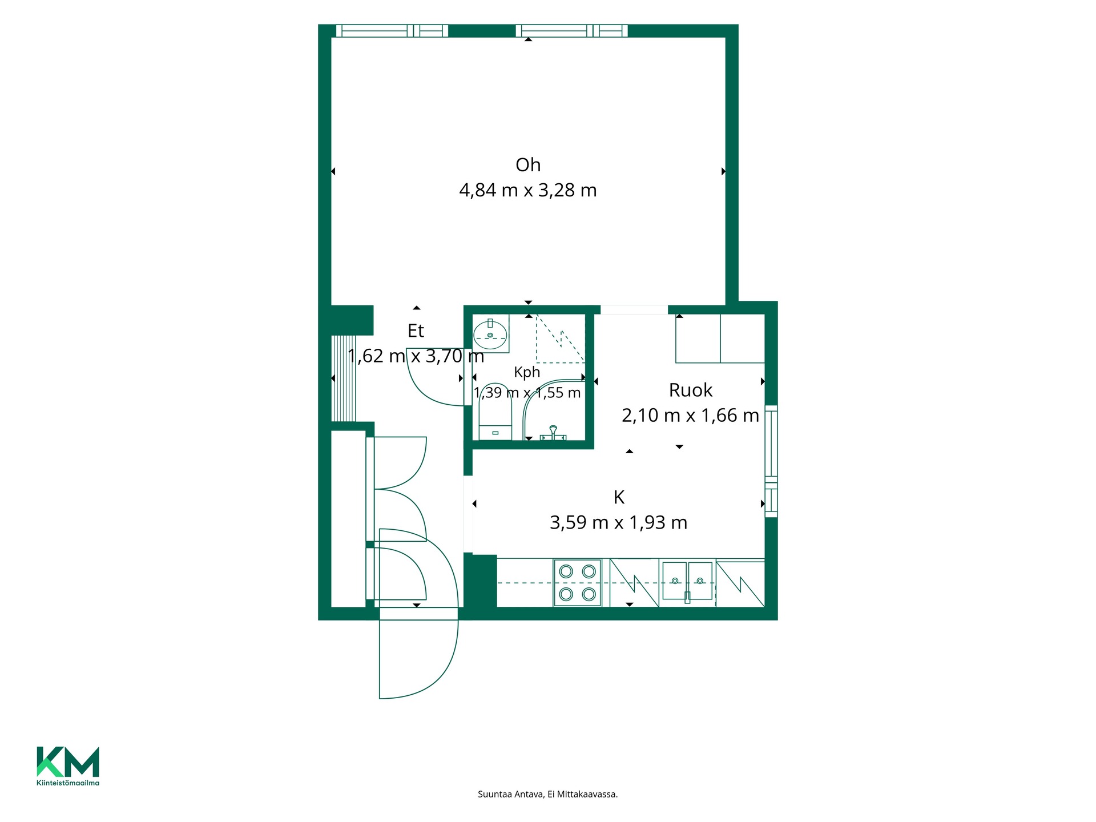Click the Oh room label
pyautogui.click(x=528, y=165)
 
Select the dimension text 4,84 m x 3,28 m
pyautogui.click(x=528, y=190)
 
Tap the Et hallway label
pyautogui.click(x=416, y=331)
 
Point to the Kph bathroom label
pyautogui.click(x=527, y=372)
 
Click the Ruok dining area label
pyautogui.click(x=691, y=390)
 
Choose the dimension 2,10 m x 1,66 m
pyautogui.click(x=691, y=416)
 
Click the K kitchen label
pyautogui.click(x=619, y=498)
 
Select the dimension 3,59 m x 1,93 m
pyautogui.click(x=619, y=523)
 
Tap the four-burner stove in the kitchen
pyautogui.click(x=577, y=582)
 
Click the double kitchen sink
pyautogui.click(x=687, y=581)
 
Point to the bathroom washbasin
pyautogui.click(x=491, y=335)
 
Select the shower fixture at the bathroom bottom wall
pyautogui.click(x=553, y=433)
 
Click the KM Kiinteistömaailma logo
pyautogui.click(x=68, y=766)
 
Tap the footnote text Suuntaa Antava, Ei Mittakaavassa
pyautogui.click(x=548, y=794)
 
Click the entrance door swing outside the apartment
pyautogui.click(x=419, y=654)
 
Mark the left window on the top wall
pyautogui.click(x=392, y=31)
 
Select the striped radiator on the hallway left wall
pyautogui.click(x=344, y=378)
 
